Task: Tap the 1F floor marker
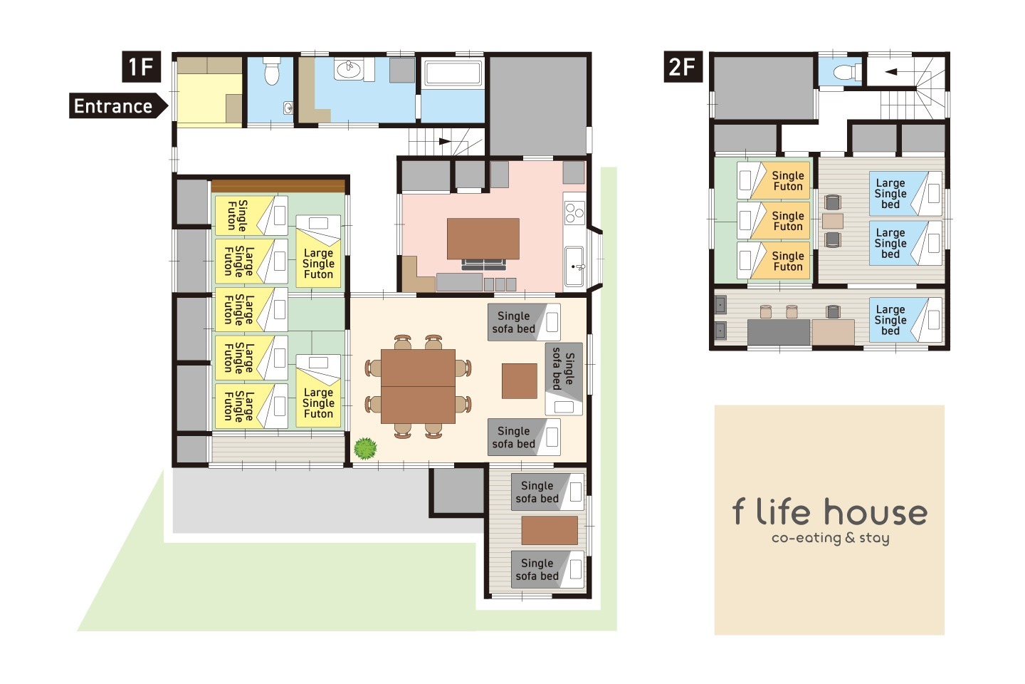pos(141,67)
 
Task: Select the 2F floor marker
pos(683,67)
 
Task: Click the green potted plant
pos(365,448)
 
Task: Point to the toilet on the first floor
pos(271,71)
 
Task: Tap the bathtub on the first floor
pos(453,73)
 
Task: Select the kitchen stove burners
pos(574,212)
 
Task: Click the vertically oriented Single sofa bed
pos(564,379)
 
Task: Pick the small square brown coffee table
pos(520,380)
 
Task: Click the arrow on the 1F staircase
pos(445,141)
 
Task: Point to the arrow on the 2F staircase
pos(890,72)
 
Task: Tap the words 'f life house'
pos(830,512)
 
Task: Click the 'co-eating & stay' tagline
pos(830,538)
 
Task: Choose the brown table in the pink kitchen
pos(483,239)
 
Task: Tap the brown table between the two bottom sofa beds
pos(550,531)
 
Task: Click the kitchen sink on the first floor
pos(574,266)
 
